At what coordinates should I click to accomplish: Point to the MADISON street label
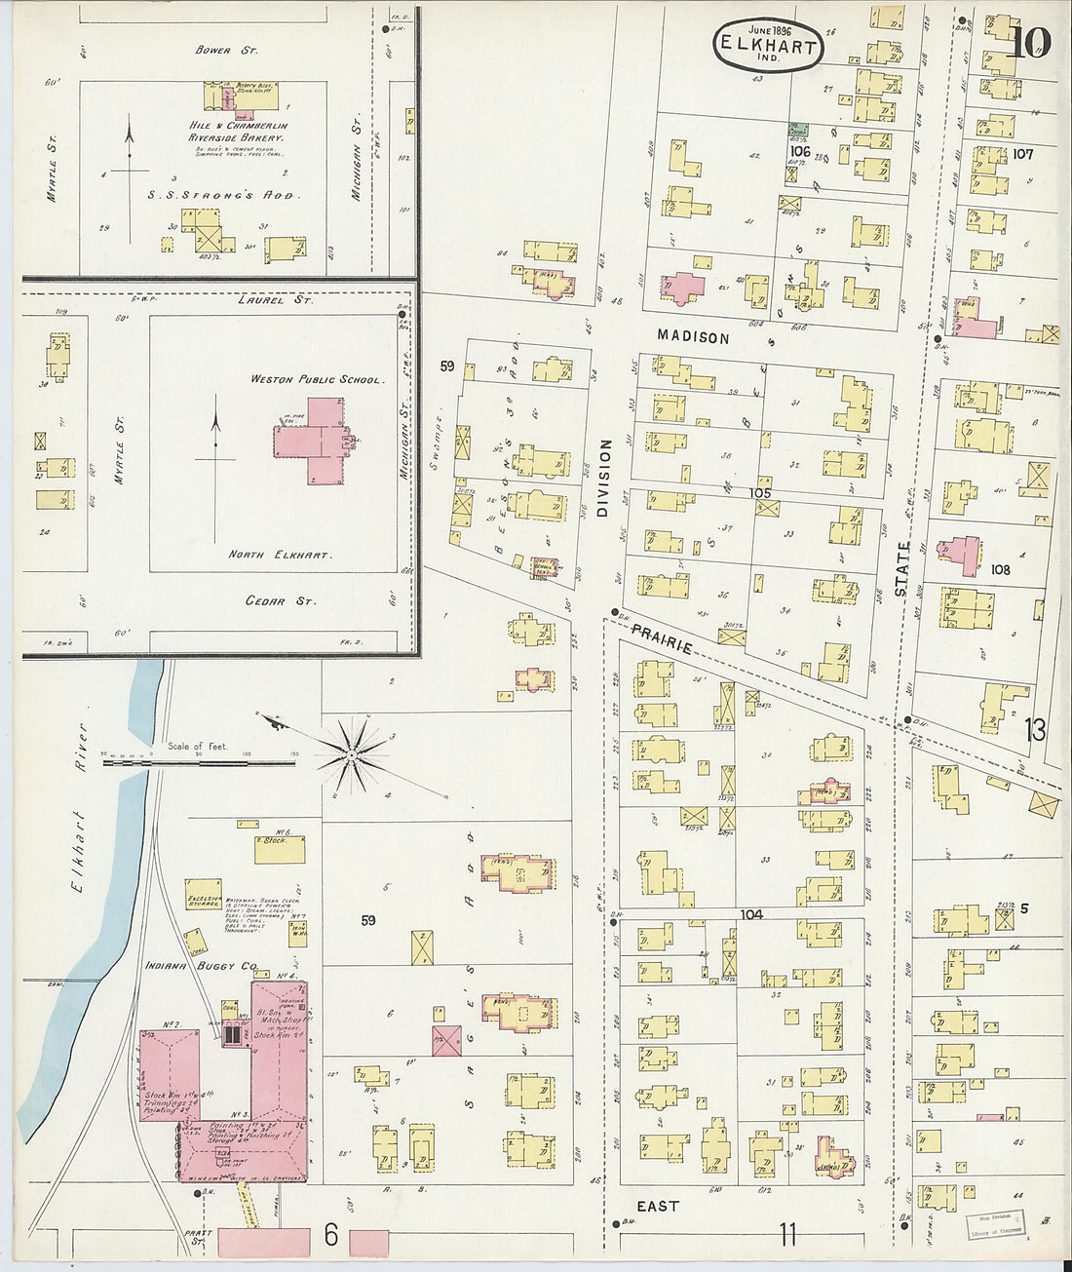pos(693,337)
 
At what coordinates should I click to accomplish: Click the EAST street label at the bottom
pos(657,1206)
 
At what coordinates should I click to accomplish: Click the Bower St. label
pos(226,49)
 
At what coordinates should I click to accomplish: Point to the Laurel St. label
pos(276,300)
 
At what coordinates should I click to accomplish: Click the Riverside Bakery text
pos(238,138)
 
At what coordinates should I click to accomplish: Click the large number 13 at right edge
pos(1034,729)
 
